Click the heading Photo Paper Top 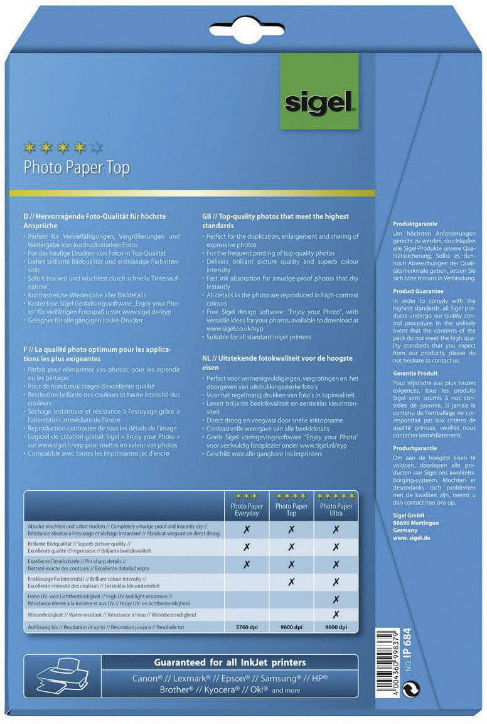tap(76, 168)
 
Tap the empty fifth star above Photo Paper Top tap(96, 148)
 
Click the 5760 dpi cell tap(245, 627)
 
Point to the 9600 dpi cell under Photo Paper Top tap(291, 627)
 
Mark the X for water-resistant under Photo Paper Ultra tap(336, 614)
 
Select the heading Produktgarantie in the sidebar tap(415, 224)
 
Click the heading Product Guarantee tap(418, 292)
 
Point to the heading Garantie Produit tap(415, 373)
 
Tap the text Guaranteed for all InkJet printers tap(230, 662)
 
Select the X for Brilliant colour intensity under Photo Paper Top tap(291, 581)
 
